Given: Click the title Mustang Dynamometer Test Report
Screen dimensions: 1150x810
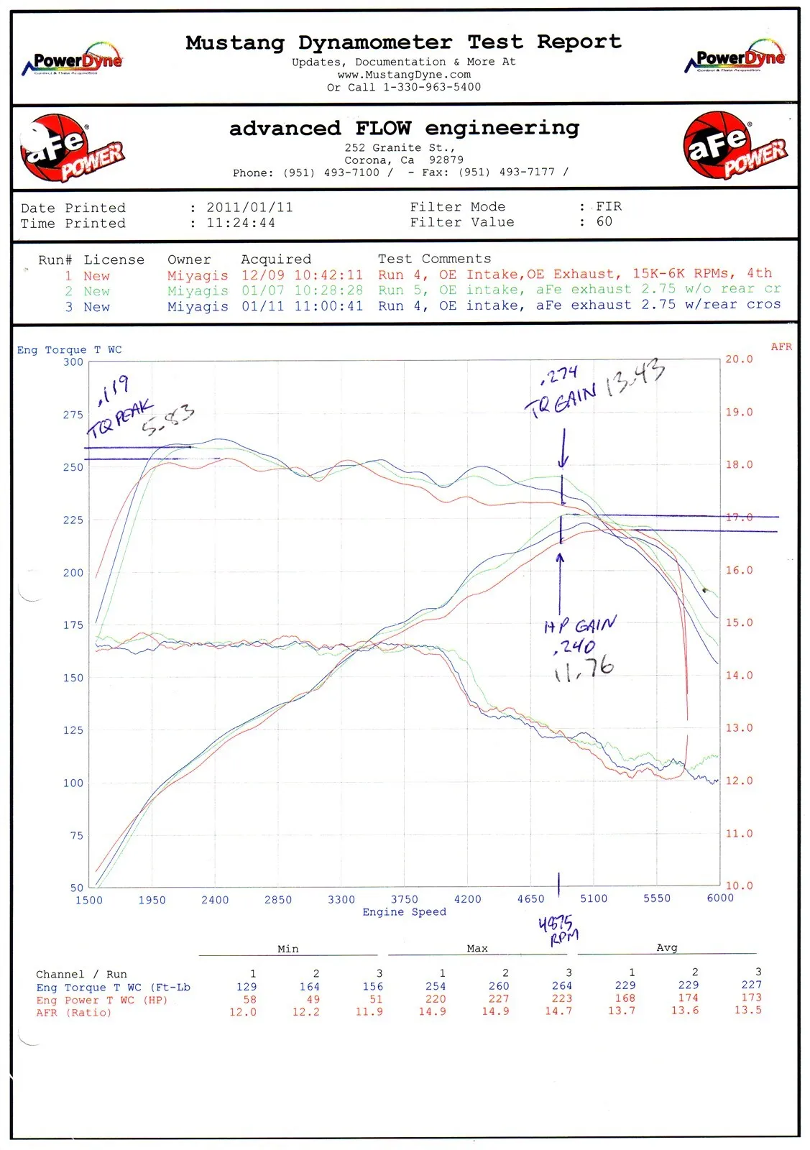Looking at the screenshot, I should click(x=403, y=42).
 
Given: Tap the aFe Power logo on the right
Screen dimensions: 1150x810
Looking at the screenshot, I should click(x=735, y=146).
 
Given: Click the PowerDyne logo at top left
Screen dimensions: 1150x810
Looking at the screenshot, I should click(x=74, y=60).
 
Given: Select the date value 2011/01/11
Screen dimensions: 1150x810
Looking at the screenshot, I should click(x=249, y=208).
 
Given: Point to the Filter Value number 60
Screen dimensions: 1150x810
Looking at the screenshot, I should click(x=604, y=222).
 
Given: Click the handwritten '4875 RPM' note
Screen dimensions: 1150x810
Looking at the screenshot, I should click(x=558, y=929).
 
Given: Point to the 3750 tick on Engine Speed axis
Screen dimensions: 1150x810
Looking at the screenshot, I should click(x=404, y=899).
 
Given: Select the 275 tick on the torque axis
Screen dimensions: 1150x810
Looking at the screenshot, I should click(x=73, y=415).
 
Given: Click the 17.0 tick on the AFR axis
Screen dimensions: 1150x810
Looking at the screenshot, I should click(x=739, y=517).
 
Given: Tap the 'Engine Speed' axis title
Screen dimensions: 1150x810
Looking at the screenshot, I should click(x=404, y=912).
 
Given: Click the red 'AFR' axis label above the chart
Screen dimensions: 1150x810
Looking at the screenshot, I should click(x=781, y=346).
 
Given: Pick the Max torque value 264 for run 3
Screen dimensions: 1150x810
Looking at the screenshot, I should click(x=561, y=986).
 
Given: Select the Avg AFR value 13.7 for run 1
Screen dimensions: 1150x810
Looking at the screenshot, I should click(x=622, y=1011).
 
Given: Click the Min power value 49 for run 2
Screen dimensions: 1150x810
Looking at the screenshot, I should click(x=313, y=999).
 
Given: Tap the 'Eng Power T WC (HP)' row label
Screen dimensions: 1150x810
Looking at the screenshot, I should click(x=101, y=1000).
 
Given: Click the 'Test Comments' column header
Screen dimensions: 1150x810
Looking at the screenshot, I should click(x=434, y=259).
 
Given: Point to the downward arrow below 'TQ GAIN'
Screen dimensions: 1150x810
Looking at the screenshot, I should click(x=563, y=449).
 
